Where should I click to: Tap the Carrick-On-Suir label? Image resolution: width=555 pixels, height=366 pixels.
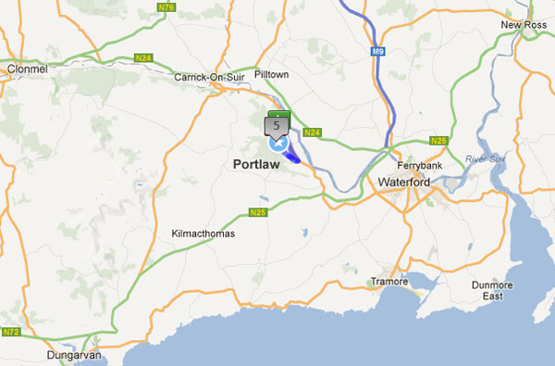click(x=209, y=78)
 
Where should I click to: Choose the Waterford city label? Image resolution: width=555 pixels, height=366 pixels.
click(x=404, y=183)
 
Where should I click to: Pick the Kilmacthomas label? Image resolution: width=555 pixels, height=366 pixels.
click(x=203, y=233)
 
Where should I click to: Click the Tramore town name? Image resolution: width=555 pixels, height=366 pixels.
click(x=388, y=280)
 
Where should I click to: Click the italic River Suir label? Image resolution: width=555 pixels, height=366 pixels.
click(x=487, y=159)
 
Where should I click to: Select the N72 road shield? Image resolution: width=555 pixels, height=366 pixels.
click(x=11, y=332)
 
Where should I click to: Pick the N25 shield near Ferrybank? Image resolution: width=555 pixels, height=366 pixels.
click(x=438, y=141)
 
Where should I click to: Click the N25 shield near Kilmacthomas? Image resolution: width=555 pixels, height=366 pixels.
click(x=258, y=212)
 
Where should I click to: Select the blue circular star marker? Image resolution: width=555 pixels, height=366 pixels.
click(x=277, y=144)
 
